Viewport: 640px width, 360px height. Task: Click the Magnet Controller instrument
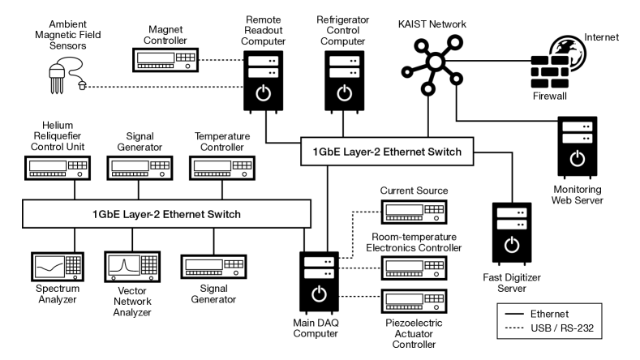(165, 59)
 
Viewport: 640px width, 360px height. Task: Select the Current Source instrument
(413, 211)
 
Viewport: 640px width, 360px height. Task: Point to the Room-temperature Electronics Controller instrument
(413, 268)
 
